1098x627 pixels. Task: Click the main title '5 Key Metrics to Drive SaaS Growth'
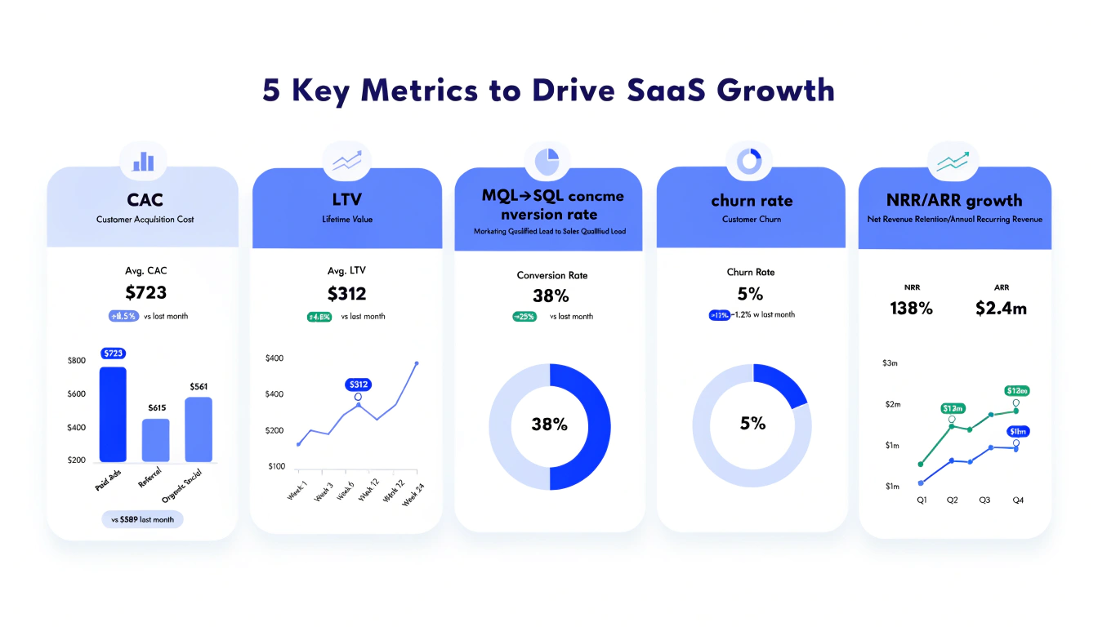pyautogui.click(x=548, y=90)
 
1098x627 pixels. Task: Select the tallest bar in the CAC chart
pyautogui.click(x=113, y=414)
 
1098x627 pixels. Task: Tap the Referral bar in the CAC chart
pyautogui.click(x=156, y=440)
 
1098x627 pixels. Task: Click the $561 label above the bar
pyautogui.click(x=199, y=386)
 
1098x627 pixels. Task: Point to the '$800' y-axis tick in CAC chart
pyautogui.click(x=76, y=361)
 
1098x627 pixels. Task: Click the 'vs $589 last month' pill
pyautogui.click(x=143, y=519)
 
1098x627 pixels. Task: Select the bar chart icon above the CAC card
pyautogui.click(x=143, y=161)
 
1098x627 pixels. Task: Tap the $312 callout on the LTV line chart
pyautogui.click(x=358, y=384)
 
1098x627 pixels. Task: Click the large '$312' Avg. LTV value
pyautogui.click(x=346, y=294)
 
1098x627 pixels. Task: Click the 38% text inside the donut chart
pyautogui.click(x=549, y=425)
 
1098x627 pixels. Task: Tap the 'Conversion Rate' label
pyautogui.click(x=552, y=275)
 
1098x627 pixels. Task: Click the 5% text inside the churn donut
pyautogui.click(x=752, y=423)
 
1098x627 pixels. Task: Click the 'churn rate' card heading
pyautogui.click(x=752, y=201)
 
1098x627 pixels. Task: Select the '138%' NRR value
pyautogui.click(x=911, y=308)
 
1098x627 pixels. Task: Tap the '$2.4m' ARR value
pyautogui.click(x=1001, y=308)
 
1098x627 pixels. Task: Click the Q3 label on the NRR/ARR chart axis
pyautogui.click(x=984, y=500)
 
